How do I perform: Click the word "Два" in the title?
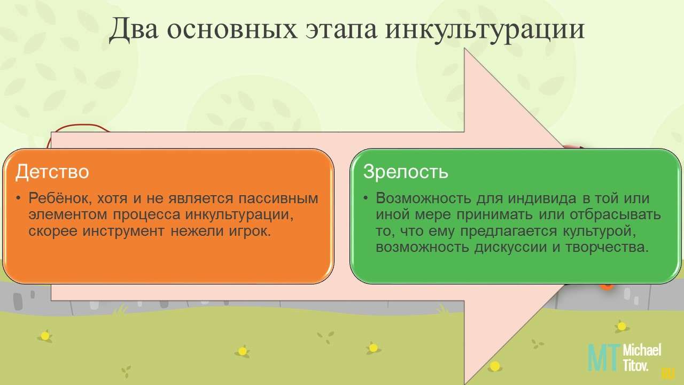point(134,29)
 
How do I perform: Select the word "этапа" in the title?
point(341,30)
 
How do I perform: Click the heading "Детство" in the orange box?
point(52,172)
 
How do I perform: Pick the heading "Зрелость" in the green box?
point(406,172)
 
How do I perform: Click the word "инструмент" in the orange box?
point(123,230)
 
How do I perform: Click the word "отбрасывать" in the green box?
point(615,214)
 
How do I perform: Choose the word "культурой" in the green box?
point(599,231)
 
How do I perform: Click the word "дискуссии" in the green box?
point(510,248)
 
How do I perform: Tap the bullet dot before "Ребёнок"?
point(19,198)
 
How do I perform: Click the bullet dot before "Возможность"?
point(366,198)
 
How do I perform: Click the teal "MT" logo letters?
point(604,357)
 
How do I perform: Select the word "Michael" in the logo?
point(642,350)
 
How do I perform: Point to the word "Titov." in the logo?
point(635,365)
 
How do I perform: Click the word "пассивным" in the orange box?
point(278,198)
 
